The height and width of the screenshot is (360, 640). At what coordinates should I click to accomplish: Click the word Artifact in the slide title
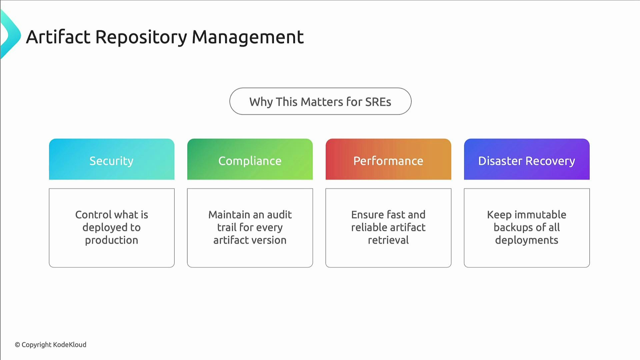pyautogui.click(x=58, y=37)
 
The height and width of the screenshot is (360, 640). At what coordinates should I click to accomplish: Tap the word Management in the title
pyautogui.click(x=248, y=37)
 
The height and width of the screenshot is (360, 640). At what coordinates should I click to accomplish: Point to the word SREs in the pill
pyautogui.click(x=378, y=102)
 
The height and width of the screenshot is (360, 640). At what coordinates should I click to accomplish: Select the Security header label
pyautogui.click(x=111, y=161)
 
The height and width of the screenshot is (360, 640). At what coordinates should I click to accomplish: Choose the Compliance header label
pyautogui.click(x=250, y=161)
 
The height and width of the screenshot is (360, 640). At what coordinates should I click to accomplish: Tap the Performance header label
pyautogui.click(x=388, y=161)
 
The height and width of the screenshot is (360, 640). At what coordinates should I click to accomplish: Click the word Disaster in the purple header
pyautogui.click(x=500, y=161)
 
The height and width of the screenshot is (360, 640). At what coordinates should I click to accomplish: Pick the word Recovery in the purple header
pyautogui.click(x=550, y=161)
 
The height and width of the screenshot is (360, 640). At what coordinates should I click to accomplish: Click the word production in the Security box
pyautogui.click(x=111, y=240)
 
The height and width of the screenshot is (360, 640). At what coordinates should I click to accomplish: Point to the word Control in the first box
pyautogui.click(x=93, y=215)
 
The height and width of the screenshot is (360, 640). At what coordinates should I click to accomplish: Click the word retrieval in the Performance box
pyautogui.click(x=388, y=240)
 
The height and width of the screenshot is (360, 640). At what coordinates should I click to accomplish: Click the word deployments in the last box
pyautogui.click(x=526, y=240)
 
